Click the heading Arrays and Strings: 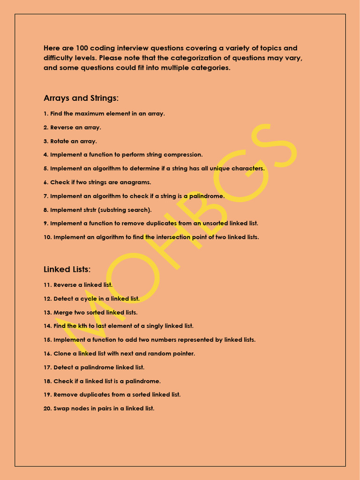click(x=81, y=98)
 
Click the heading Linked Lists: click(x=67, y=270)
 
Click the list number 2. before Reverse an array click(x=46, y=127)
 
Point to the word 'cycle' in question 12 click(x=89, y=299)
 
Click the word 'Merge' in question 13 click(x=63, y=312)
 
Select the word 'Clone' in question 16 click(x=62, y=353)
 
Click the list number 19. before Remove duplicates click(x=47, y=395)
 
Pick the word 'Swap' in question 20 click(x=61, y=408)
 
